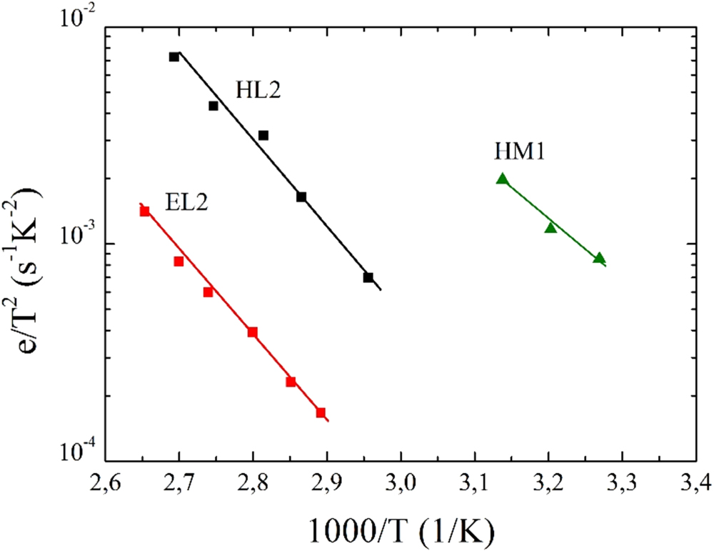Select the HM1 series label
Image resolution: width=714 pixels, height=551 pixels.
(519, 152)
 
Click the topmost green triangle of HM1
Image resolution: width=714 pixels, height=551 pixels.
(503, 179)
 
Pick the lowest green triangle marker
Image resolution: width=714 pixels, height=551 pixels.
(599, 258)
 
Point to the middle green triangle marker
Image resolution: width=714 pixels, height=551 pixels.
(550, 227)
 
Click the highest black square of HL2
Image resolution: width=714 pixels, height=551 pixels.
(174, 57)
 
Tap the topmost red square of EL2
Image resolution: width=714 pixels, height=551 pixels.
(145, 211)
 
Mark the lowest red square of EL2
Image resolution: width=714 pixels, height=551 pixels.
(321, 412)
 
